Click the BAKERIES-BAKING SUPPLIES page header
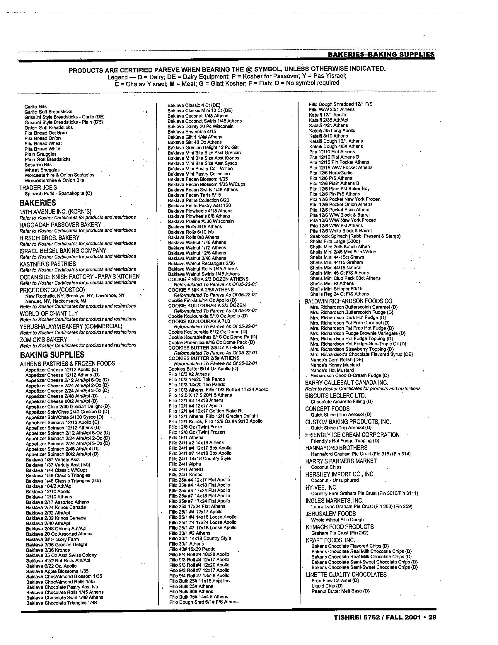tap(381, 54)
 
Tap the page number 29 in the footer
tap(432, 617)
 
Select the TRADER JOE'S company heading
tap(38, 188)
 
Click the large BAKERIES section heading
tap(37, 203)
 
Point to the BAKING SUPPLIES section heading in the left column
tap(52, 355)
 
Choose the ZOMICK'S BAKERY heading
tap(43, 340)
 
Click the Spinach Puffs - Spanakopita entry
tap(58, 193)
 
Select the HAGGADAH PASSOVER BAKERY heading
tap(60, 225)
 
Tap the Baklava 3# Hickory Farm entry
tap(52, 539)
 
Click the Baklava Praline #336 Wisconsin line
tap(201, 221)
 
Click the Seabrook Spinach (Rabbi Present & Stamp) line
tap(355, 236)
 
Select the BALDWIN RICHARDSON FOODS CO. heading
tap(349, 301)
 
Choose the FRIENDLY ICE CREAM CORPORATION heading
tap(352, 435)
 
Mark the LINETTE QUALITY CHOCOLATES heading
tap(346, 574)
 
